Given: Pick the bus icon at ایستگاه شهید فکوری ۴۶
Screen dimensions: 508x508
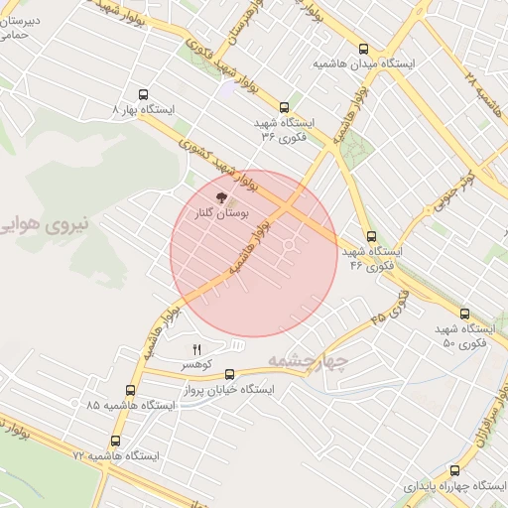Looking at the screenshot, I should click(x=372, y=237).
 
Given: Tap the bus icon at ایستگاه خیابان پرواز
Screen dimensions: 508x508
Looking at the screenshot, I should click(x=231, y=374).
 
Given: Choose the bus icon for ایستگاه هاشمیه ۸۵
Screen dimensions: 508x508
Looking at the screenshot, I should click(x=131, y=391).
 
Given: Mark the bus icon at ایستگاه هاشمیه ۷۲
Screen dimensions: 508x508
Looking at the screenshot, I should click(x=116, y=441).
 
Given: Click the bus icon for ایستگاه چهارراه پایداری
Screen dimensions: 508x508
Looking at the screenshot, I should click(x=455, y=471).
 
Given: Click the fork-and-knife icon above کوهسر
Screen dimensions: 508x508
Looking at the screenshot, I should click(x=196, y=349).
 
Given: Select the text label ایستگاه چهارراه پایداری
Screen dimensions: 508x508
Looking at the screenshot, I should click(x=456, y=487).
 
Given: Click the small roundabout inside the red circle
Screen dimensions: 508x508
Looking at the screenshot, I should click(x=290, y=244).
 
